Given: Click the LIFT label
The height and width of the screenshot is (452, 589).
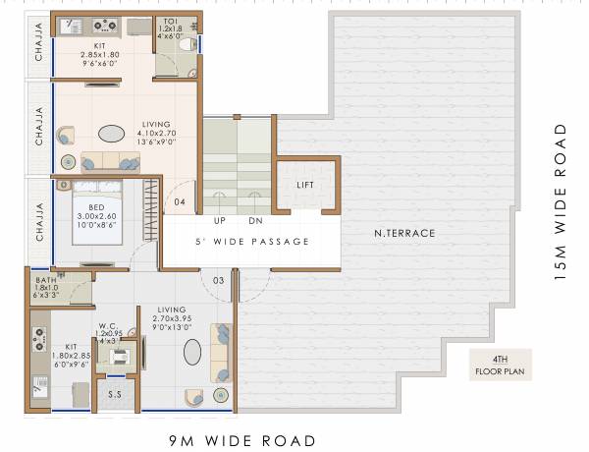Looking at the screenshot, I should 304,185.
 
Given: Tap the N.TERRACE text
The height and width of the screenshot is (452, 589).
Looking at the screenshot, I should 404,233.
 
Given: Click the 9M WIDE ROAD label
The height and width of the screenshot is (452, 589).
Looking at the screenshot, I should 241,440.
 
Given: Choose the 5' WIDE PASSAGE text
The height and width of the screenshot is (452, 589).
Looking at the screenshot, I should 251,242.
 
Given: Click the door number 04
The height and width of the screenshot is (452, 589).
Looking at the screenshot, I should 180,202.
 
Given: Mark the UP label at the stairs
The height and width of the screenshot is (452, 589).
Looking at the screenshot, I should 220,220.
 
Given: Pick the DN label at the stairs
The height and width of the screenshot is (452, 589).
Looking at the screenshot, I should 255,220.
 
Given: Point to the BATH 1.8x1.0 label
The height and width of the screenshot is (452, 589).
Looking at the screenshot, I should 45,287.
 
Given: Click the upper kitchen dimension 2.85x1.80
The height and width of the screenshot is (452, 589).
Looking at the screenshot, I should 99,55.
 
